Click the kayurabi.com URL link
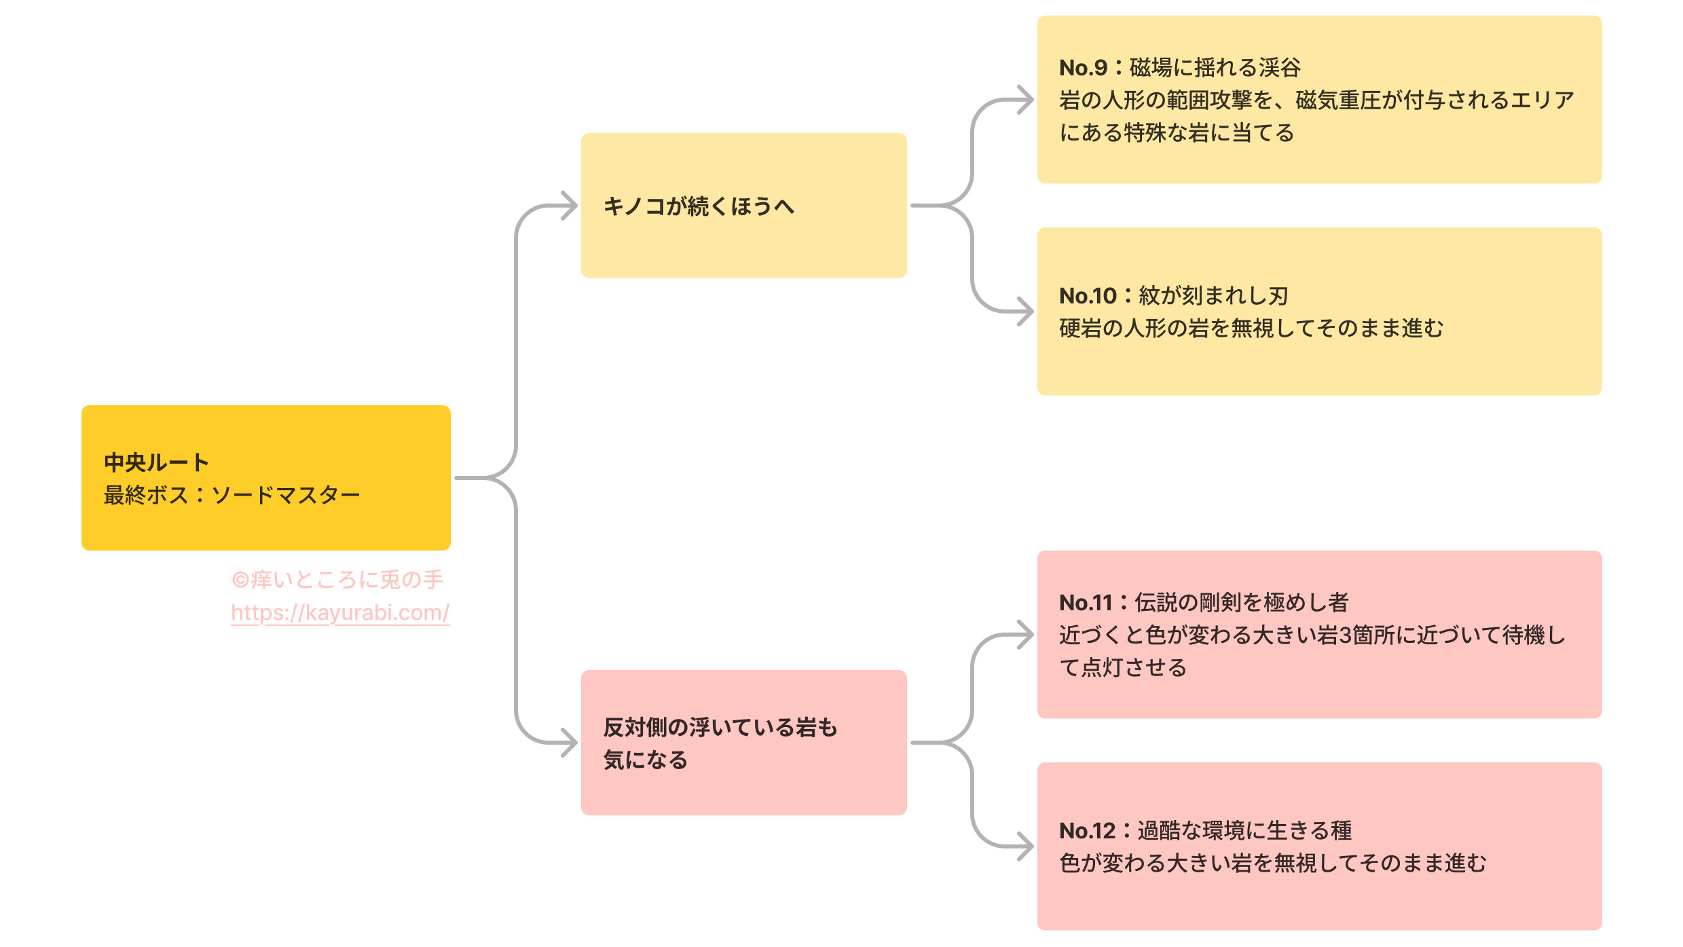click(339, 613)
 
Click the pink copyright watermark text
click(337, 580)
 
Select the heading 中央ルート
click(156, 462)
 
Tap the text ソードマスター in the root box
click(286, 495)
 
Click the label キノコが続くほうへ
click(699, 206)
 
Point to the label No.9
click(1083, 68)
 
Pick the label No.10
click(1088, 296)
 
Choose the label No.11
click(1086, 603)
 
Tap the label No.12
click(1087, 831)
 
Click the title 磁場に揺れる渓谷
click(1215, 68)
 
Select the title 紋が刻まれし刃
click(1213, 296)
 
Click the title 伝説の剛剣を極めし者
click(1242, 603)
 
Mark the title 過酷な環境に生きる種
click(1244, 831)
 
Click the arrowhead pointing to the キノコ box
click(569, 206)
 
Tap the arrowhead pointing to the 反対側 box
click(569, 743)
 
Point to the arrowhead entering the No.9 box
click(1025, 100)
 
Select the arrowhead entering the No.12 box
click(1025, 846)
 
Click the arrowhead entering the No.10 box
click(1025, 312)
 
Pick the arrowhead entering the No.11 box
click(1025, 635)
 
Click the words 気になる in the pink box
click(646, 760)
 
